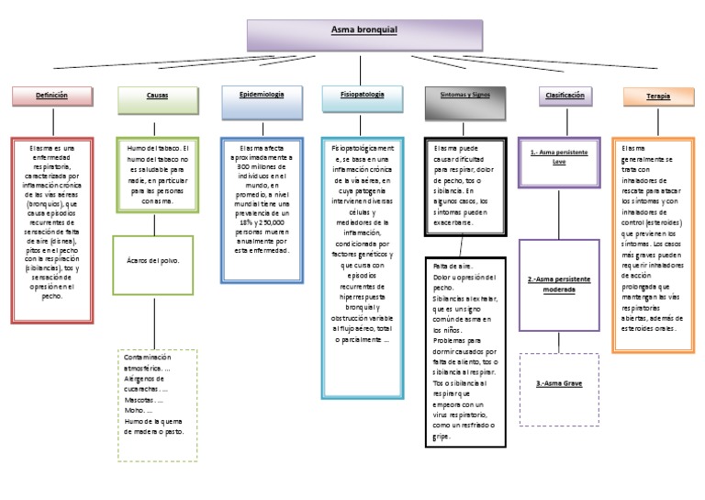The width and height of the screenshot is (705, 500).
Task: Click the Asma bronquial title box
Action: pos(364,34)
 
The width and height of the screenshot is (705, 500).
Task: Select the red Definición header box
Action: pos(52,96)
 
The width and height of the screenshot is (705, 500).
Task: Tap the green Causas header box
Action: pos(157,97)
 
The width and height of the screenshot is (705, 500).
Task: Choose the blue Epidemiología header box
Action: pos(262,97)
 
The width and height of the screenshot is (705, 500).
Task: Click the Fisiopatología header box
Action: pos(363,97)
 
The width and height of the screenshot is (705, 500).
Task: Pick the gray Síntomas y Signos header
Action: pos(465,97)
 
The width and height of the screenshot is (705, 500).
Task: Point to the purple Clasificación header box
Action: pos(565,96)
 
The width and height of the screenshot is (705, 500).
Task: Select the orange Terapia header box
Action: pos(657,97)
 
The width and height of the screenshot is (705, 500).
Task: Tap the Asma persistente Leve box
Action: pos(559,154)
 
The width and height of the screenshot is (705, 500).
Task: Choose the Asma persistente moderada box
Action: pos(559,284)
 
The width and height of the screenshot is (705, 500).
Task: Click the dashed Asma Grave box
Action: pos(559,389)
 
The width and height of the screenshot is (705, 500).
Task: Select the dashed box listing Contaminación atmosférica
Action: pos(157,404)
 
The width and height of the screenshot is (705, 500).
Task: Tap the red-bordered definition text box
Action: pos(52,230)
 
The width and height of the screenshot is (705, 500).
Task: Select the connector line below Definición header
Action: pos(52,120)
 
